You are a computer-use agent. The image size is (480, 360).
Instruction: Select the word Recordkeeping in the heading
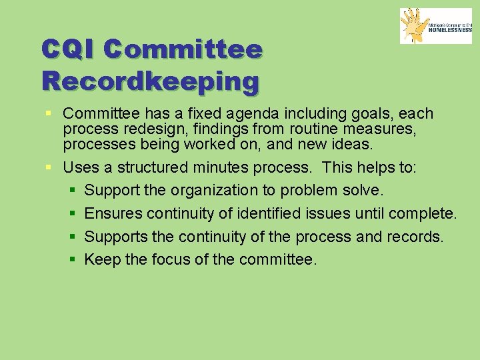click(x=150, y=81)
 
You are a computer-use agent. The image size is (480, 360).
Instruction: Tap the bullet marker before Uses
click(x=51, y=168)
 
